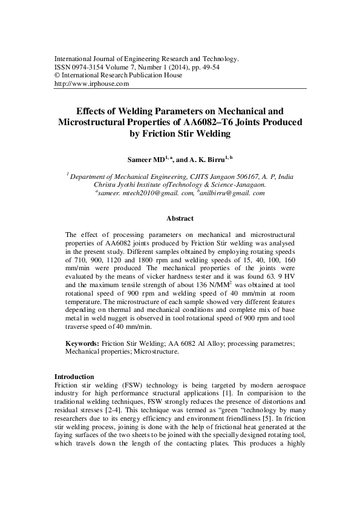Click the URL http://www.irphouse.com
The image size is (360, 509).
click(x=92, y=84)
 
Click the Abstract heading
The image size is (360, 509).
click(x=180, y=218)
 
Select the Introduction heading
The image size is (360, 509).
click(x=74, y=376)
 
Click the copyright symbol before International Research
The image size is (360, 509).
click(x=57, y=76)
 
